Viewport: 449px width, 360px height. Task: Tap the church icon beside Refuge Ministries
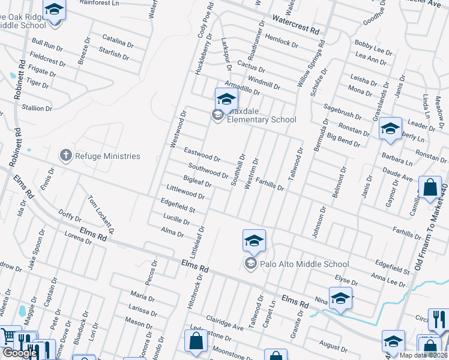click(65, 156)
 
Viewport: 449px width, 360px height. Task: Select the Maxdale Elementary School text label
click(262, 119)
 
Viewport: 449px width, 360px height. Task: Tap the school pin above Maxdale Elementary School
click(226, 98)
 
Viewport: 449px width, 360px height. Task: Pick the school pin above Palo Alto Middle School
click(254, 241)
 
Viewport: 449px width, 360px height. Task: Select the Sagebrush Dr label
click(342, 111)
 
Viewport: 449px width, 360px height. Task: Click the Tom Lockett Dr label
click(101, 214)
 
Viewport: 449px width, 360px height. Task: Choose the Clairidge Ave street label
click(225, 323)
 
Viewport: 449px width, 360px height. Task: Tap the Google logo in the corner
click(20, 353)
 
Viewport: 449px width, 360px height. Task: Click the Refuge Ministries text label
click(108, 156)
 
